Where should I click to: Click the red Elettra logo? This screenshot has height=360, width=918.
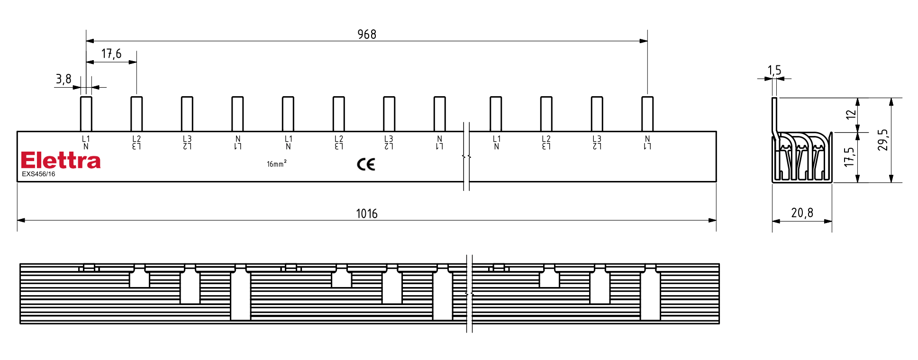coord(61,161)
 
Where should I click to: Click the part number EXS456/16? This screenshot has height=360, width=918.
coord(38,174)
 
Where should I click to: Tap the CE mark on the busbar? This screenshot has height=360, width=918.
coord(366,164)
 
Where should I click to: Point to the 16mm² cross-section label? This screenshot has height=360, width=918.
coord(276,164)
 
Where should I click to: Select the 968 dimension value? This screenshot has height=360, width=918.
coord(367,35)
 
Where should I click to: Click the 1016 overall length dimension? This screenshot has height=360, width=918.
coord(367,214)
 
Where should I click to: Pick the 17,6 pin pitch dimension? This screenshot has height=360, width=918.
coord(111,54)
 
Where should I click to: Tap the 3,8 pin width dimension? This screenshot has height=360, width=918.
coord(64,79)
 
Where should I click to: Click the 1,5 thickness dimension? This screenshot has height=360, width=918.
coord(774,71)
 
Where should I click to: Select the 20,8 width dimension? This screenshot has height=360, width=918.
coord(802,213)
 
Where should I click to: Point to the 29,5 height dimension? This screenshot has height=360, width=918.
coord(882,140)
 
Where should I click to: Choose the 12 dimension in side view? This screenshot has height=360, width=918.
coord(851,114)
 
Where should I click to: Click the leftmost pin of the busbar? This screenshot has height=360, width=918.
coord(86,114)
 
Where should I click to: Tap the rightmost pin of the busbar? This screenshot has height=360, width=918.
coord(647,114)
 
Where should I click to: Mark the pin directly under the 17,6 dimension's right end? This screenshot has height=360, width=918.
coord(136,114)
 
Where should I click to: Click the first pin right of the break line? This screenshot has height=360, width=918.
coord(496,114)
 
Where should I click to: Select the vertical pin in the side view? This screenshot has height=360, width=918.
coord(774,116)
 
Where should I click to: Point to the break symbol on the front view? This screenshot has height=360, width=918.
coord(467,156)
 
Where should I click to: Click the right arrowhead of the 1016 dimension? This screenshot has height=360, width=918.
coord(712,220)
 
